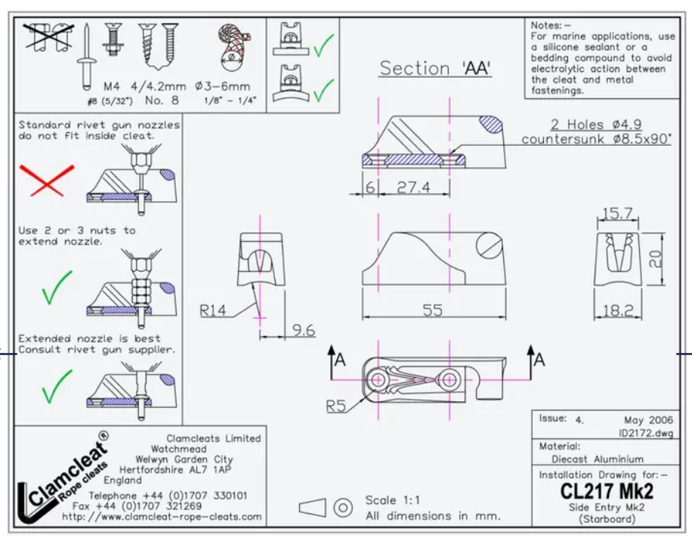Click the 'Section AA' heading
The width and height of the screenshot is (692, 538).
coord(435,69)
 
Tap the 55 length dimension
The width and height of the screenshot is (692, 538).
coord(432,310)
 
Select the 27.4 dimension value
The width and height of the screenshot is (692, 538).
coord(413,187)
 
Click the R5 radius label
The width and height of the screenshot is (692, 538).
coord(336,405)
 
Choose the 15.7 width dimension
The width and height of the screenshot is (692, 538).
coord(618,214)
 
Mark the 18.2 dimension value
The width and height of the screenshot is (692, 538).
coord(618,311)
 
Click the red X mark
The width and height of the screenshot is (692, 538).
coord(46,181)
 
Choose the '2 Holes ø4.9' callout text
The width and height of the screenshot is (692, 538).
coord(597,125)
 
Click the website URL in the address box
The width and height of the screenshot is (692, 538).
coord(162,517)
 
